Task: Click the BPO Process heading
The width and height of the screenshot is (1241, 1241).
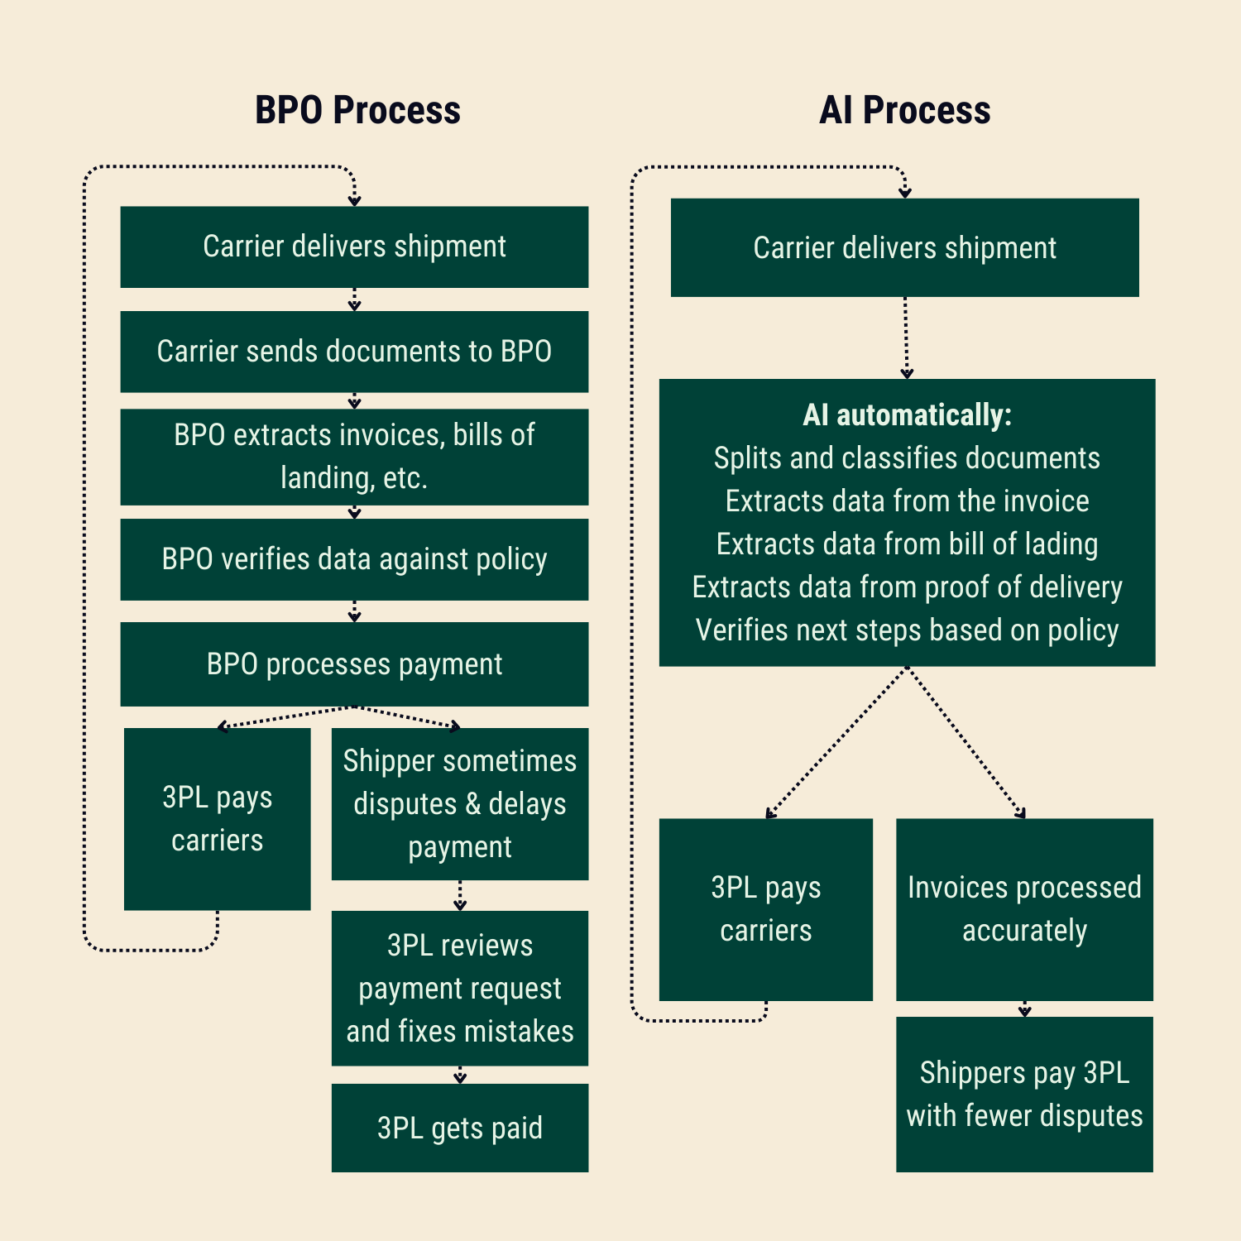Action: (357, 110)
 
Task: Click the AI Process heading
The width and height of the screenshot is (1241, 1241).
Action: (904, 110)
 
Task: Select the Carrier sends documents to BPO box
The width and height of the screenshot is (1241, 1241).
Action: (354, 352)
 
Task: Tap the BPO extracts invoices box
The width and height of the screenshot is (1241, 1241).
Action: (354, 457)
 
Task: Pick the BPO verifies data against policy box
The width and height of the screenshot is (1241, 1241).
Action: (354, 559)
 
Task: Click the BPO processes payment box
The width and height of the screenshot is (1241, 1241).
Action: (354, 664)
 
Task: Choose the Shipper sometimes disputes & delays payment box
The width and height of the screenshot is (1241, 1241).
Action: (460, 803)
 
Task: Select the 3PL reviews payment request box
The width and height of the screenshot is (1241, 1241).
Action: (460, 988)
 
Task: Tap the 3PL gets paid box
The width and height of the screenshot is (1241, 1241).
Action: (460, 1128)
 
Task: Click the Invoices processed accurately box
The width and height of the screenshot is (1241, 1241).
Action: (1024, 909)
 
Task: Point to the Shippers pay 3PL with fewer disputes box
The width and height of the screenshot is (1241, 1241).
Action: (1024, 1094)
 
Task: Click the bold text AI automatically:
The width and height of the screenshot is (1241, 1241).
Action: (907, 415)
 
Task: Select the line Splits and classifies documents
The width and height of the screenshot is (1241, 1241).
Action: (907, 458)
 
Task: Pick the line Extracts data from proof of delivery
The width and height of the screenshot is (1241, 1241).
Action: (907, 587)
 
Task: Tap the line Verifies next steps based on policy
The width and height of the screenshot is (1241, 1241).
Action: (907, 630)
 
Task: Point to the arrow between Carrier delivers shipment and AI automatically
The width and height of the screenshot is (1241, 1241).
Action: (906, 338)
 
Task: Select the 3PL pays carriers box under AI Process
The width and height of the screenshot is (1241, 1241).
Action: (765, 909)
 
